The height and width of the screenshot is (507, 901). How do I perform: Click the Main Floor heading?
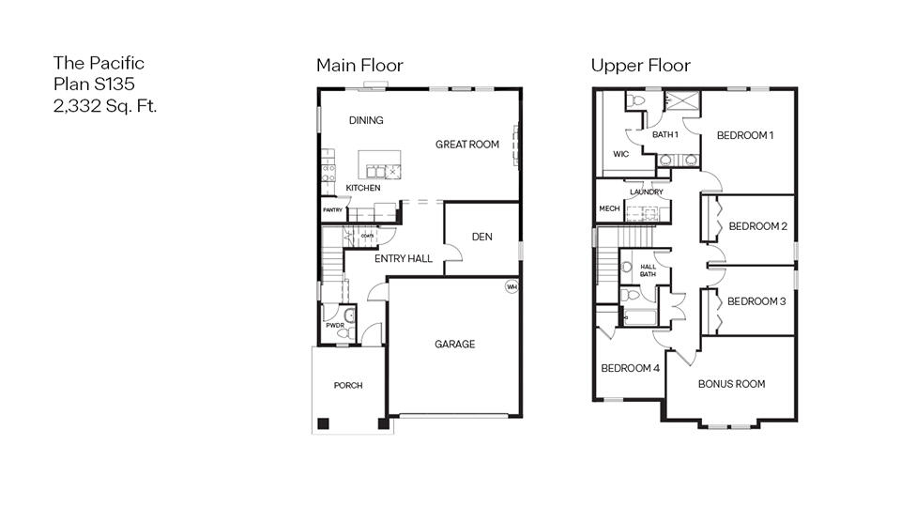point(359,65)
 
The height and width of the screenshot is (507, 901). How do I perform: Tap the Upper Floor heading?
point(640,65)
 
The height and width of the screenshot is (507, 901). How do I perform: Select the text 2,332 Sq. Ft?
point(105,105)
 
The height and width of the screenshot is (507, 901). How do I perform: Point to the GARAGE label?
point(454,345)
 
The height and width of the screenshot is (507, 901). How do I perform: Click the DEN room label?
point(482,237)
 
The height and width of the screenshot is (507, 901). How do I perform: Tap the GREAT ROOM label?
point(466,145)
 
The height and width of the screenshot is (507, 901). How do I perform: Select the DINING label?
point(366,120)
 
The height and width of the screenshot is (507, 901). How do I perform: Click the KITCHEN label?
point(363,189)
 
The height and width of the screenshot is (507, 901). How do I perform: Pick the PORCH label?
point(348,386)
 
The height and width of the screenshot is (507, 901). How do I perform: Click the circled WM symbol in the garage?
point(512,286)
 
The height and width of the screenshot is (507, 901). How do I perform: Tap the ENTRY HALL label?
point(404,258)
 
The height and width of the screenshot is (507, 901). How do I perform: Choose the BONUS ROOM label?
point(731,384)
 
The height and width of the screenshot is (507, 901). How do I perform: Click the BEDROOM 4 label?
point(630,368)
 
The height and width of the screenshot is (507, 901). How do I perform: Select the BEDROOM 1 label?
point(744,135)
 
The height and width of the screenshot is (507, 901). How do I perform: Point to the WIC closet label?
point(620,154)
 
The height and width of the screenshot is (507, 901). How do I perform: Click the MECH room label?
point(608,208)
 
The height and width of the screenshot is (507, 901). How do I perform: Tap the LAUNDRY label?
point(647,192)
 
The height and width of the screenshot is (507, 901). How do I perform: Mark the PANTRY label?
point(332,210)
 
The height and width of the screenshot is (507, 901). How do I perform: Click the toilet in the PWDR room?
point(344,332)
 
